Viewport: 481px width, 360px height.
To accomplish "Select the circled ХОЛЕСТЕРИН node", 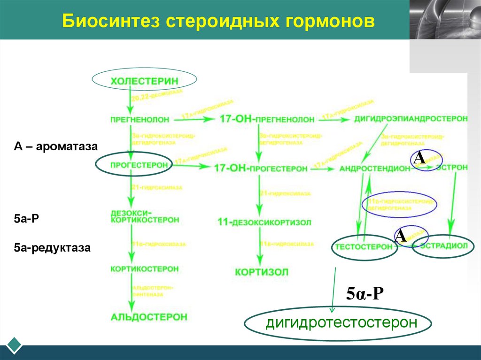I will [x=144, y=80].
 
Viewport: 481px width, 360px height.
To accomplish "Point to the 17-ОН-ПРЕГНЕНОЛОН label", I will [x=267, y=119].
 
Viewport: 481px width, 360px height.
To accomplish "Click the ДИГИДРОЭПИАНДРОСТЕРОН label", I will [x=411, y=119].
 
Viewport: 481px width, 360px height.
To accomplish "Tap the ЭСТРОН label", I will [x=452, y=167].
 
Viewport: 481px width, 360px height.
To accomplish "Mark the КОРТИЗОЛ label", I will [x=262, y=272].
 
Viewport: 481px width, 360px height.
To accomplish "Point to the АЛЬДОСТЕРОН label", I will [x=149, y=317].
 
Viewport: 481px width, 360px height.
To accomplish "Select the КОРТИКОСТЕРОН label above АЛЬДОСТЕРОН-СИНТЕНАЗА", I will [x=144, y=269].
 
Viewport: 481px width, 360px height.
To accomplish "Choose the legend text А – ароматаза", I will [x=55, y=146].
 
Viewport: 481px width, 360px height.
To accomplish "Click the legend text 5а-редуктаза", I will [x=52, y=246].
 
